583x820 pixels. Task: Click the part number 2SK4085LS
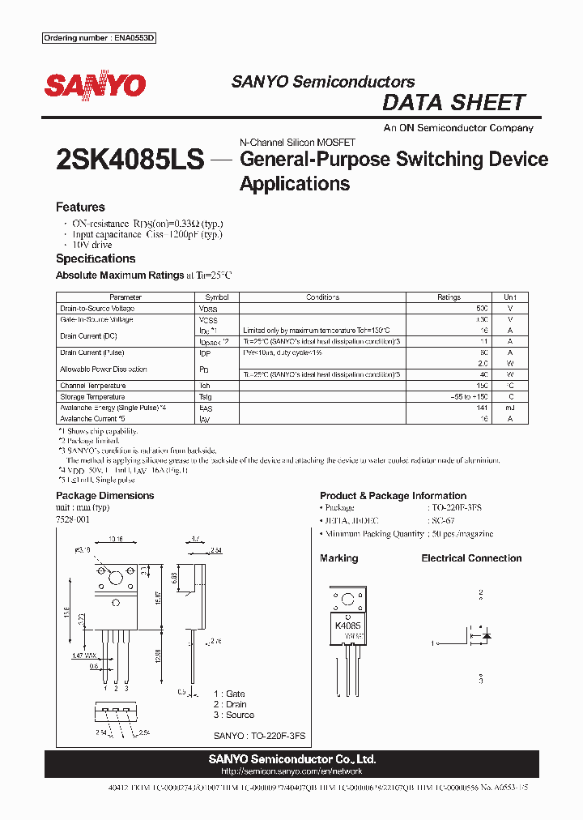point(130,160)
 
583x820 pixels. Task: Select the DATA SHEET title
point(453,103)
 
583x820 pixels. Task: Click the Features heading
point(80,207)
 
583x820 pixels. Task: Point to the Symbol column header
point(217,297)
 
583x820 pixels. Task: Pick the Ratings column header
point(449,297)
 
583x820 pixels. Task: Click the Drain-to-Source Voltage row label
point(97,309)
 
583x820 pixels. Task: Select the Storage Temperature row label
point(92,397)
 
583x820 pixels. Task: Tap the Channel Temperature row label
point(92,386)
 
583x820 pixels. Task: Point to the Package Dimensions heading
point(104,496)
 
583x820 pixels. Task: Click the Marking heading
point(338,558)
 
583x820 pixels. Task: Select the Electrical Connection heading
point(471,558)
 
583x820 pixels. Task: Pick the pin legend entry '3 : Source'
point(234,715)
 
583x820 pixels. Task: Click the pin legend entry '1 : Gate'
point(229,694)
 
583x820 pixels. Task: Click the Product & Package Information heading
point(393,496)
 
